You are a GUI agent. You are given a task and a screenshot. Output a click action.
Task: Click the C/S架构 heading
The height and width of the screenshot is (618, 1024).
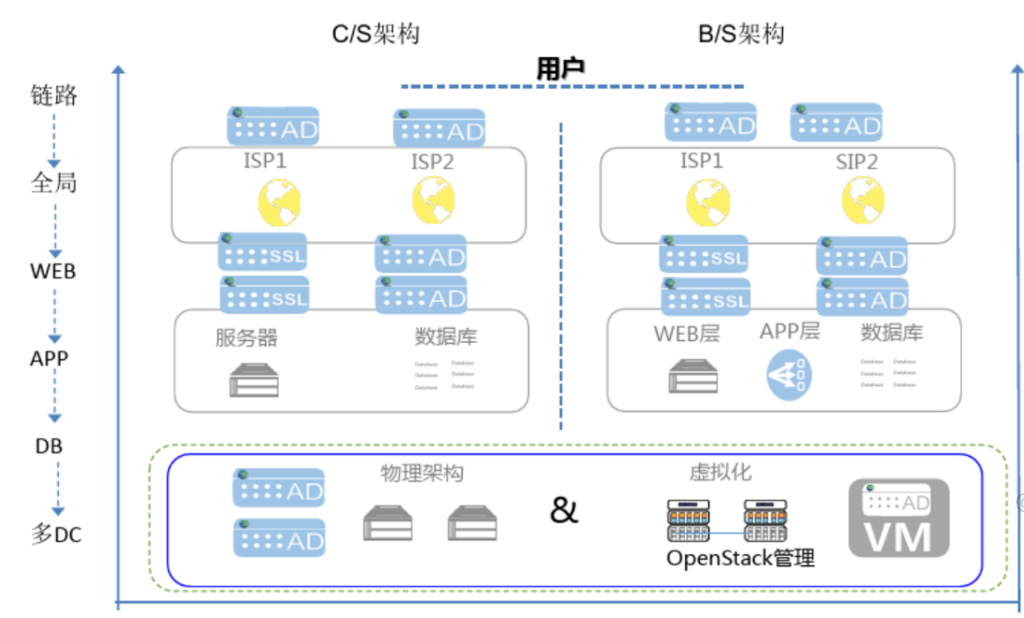pyautogui.click(x=376, y=34)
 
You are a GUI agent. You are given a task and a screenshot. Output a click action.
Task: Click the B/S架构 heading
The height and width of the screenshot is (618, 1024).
pyautogui.click(x=741, y=34)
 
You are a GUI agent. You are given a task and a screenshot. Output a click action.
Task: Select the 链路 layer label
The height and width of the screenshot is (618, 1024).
pyautogui.click(x=54, y=95)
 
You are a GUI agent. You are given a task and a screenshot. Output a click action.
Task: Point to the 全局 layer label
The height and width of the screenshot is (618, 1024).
pyautogui.click(x=54, y=183)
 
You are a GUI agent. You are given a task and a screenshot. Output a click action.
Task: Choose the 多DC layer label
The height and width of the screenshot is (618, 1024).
pyautogui.click(x=56, y=533)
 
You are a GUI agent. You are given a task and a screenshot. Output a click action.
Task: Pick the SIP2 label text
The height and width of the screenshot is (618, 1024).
pyautogui.click(x=856, y=162)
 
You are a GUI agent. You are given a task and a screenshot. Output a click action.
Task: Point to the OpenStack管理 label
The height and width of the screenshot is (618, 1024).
pyautogui.click(x=741, y=558)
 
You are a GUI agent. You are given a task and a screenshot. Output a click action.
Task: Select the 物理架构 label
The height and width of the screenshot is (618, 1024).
pyautogui.click(x=422, y=474)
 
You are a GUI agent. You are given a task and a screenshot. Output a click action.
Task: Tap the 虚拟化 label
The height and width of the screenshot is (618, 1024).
pyautogui.click(x=720, y=472)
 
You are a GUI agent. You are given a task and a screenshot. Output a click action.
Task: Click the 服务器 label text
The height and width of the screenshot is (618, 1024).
pyautogui.click(x=247, y=337)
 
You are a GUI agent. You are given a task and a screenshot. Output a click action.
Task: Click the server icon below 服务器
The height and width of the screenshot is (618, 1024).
pyautogui.click(x=253, y=380)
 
